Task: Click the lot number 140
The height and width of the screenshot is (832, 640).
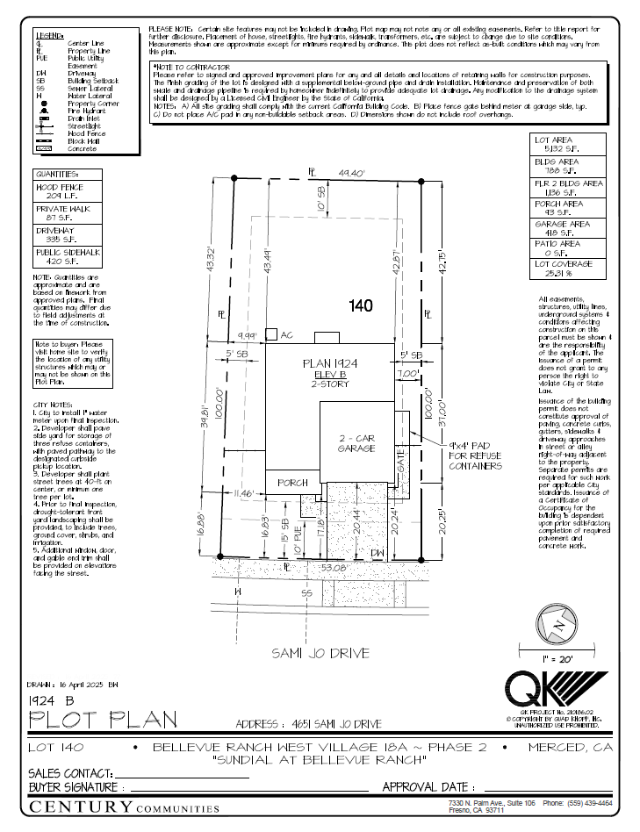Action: [x=361, y=306]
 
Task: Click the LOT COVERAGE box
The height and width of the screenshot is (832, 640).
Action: [x=569, y=268]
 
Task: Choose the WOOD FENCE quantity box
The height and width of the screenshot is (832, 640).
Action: [x=68, y=191]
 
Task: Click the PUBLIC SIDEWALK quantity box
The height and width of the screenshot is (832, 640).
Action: [x=68, y=256]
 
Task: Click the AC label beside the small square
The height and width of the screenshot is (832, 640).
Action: [x=286, y=334]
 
